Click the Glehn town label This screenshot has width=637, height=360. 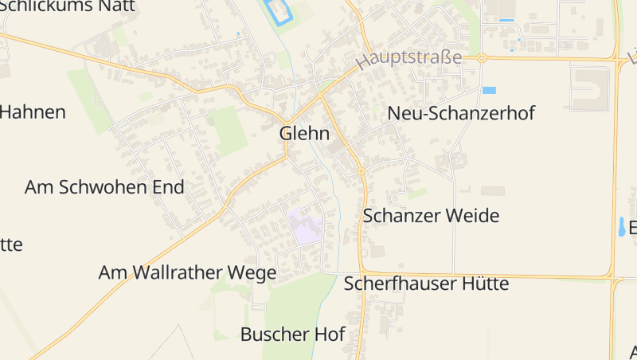[304, 134]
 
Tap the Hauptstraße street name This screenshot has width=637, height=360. [409, 58]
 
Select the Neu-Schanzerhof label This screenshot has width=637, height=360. [461, 113]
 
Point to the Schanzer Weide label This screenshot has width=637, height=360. [431, 216]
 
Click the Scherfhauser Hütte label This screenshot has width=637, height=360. [426, 284]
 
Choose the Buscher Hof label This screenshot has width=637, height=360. [292, 334]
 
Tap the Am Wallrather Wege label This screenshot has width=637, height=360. [187, 273]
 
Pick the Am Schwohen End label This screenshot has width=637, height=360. [104, 187]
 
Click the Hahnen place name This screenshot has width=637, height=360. [32, 112]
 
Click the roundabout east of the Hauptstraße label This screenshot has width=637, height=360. [482, 57]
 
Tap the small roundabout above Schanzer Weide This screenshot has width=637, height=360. [361, 170]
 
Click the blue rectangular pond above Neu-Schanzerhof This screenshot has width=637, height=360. [489, 90]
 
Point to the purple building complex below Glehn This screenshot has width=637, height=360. [307, 226]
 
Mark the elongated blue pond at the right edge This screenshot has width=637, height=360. [620, 228]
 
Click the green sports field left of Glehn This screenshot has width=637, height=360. [229, 130]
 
